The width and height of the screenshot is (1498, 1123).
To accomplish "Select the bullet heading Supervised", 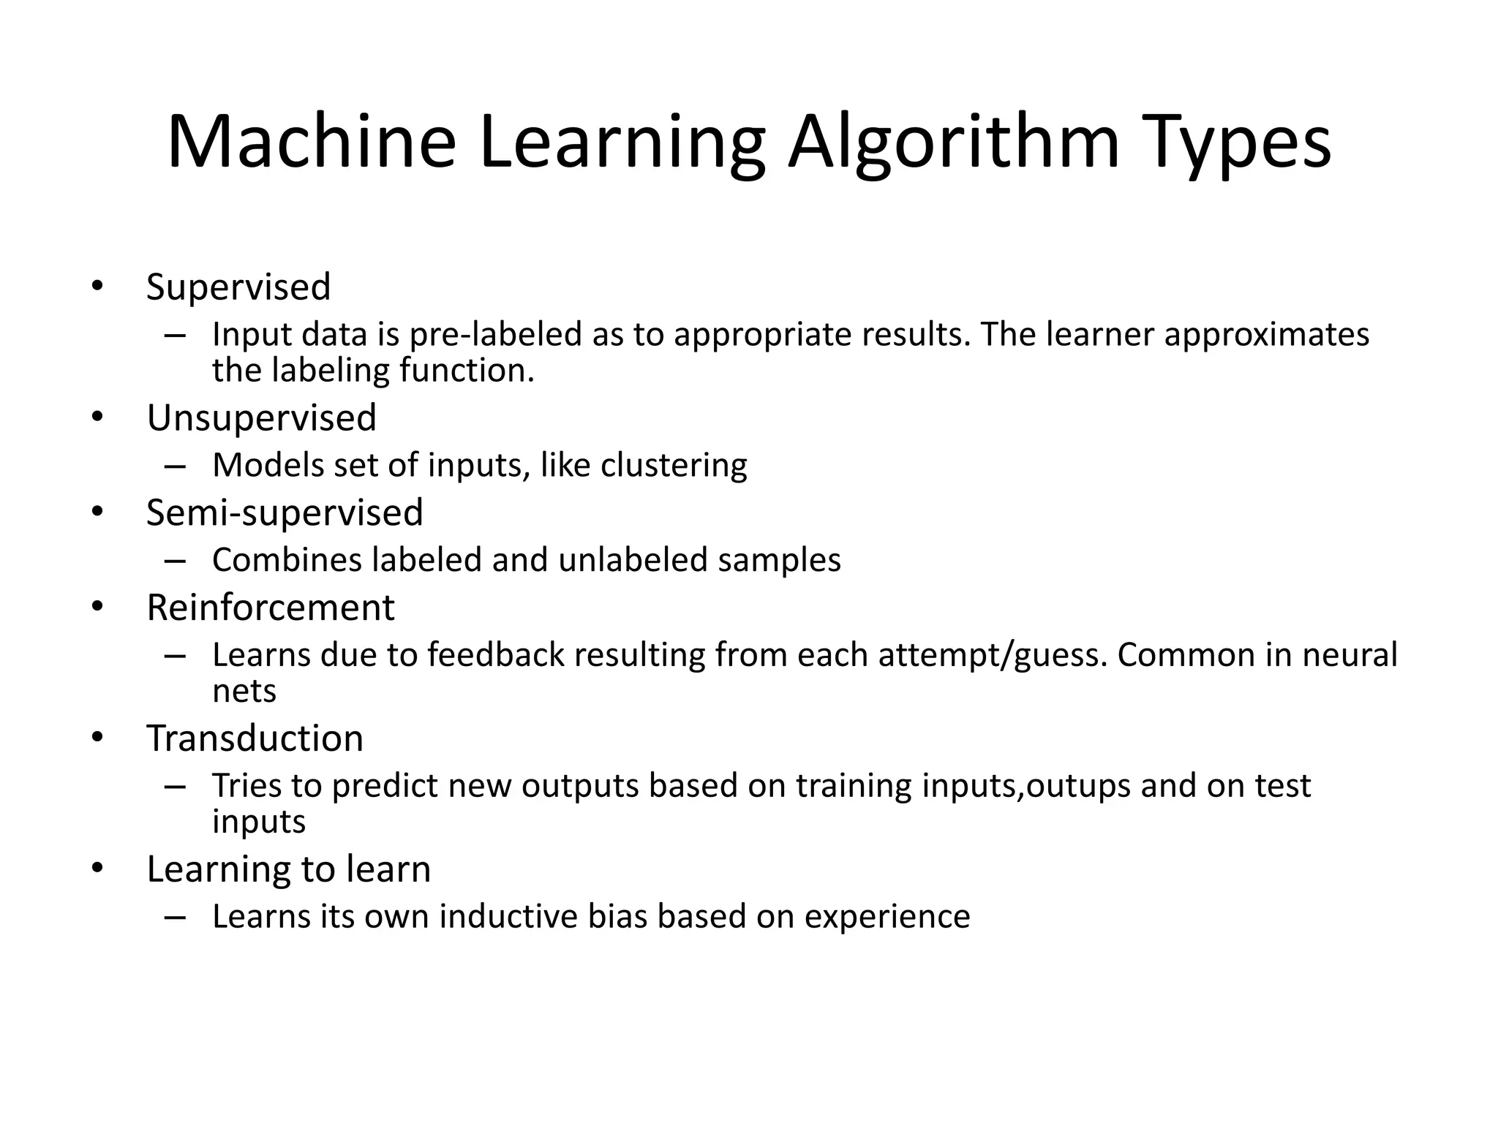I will (238, 287).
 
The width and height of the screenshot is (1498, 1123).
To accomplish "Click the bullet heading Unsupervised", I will (261, 418).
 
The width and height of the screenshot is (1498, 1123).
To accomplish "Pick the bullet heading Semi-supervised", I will (285, 513).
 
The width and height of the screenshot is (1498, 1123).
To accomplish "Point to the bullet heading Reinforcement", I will (271, 608).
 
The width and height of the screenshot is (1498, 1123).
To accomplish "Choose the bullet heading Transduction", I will (255, 738).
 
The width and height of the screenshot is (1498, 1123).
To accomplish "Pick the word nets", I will (244, 691).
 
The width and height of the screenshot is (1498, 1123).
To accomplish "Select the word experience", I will (887, 917).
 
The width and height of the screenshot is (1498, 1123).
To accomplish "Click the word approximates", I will (1266, 335).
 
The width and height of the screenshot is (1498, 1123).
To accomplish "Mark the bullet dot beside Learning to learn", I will (98, 869).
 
